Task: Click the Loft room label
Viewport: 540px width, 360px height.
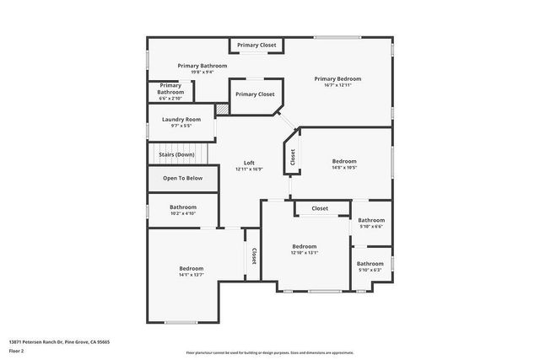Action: (249, 163)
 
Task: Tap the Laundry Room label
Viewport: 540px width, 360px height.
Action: (181, 120)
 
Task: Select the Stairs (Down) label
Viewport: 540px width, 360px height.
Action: (174, 155)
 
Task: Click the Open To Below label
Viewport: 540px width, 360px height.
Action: (182, 179)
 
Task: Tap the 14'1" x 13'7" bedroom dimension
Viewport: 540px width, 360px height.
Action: (191, 275)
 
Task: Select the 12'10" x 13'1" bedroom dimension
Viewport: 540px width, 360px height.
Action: (304, 253)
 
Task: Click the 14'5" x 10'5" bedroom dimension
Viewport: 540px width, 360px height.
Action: (343, 168)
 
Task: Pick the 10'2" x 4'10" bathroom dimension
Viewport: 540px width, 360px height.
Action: (183, 213)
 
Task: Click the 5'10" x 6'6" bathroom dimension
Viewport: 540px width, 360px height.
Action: (371, 226)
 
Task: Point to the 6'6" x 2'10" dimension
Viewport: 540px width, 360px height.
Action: (170, 99)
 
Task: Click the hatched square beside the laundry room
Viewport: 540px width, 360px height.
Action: (222, 109)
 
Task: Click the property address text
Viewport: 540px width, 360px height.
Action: (59, 341)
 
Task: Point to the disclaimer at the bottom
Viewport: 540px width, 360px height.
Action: (269, 352)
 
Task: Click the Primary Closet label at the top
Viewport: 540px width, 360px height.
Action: (256, 45)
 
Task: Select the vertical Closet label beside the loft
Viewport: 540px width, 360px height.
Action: (293, 157)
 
